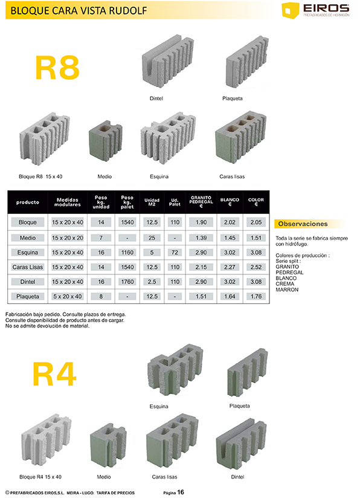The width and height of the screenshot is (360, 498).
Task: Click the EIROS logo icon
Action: pyautogui.click(x=290, y=10)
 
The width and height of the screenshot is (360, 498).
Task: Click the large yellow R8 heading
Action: pyautogui.click(x=57, y=68)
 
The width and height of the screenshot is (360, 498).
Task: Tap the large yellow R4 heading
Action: pyautogui.click(x=54, y=374)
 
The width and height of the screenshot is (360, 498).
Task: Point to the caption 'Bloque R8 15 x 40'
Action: pyautogui.click(x=40, y=176)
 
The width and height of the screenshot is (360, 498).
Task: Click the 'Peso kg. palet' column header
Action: pyautogui.click(x=127, y=202)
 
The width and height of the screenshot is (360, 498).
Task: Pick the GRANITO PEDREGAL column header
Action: pyautogui.click(x=201, y=202)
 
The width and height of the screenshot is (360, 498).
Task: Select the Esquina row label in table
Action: pyautogui.click(x=28, y=253)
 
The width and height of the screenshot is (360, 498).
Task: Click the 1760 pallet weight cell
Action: pyautogui.click(x=127, y=282)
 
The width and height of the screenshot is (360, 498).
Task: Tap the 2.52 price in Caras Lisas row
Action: pyautogui.click(x=256, y=267)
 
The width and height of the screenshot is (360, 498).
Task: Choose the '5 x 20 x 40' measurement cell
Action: pyautogui.click(x=68, y=296)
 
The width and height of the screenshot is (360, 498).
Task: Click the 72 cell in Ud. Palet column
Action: pyautogui.click(x=175, y=253)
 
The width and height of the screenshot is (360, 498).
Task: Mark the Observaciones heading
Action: pyautogui.click(x=303, y=224)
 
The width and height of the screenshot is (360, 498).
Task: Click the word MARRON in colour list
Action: pyautogui.click(x=287, y=289)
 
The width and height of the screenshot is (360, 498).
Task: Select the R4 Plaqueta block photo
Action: pyautogui.click(x=248, y=373)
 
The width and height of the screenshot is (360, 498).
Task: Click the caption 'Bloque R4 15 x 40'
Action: pyautogui.click(x=40, y=477)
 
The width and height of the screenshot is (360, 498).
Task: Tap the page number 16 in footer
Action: pyautogui.click(x=181, y=493)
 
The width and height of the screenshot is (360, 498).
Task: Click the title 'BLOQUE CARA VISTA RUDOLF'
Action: pyautogui.click(x=79, y=11)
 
